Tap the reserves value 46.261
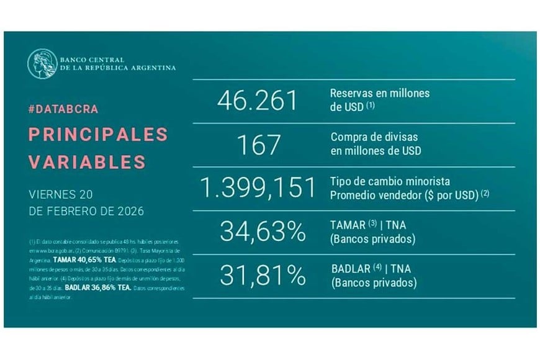[258, 101]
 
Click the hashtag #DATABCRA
[63, 109]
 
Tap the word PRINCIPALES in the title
[98, 134]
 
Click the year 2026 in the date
[128, 211]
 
